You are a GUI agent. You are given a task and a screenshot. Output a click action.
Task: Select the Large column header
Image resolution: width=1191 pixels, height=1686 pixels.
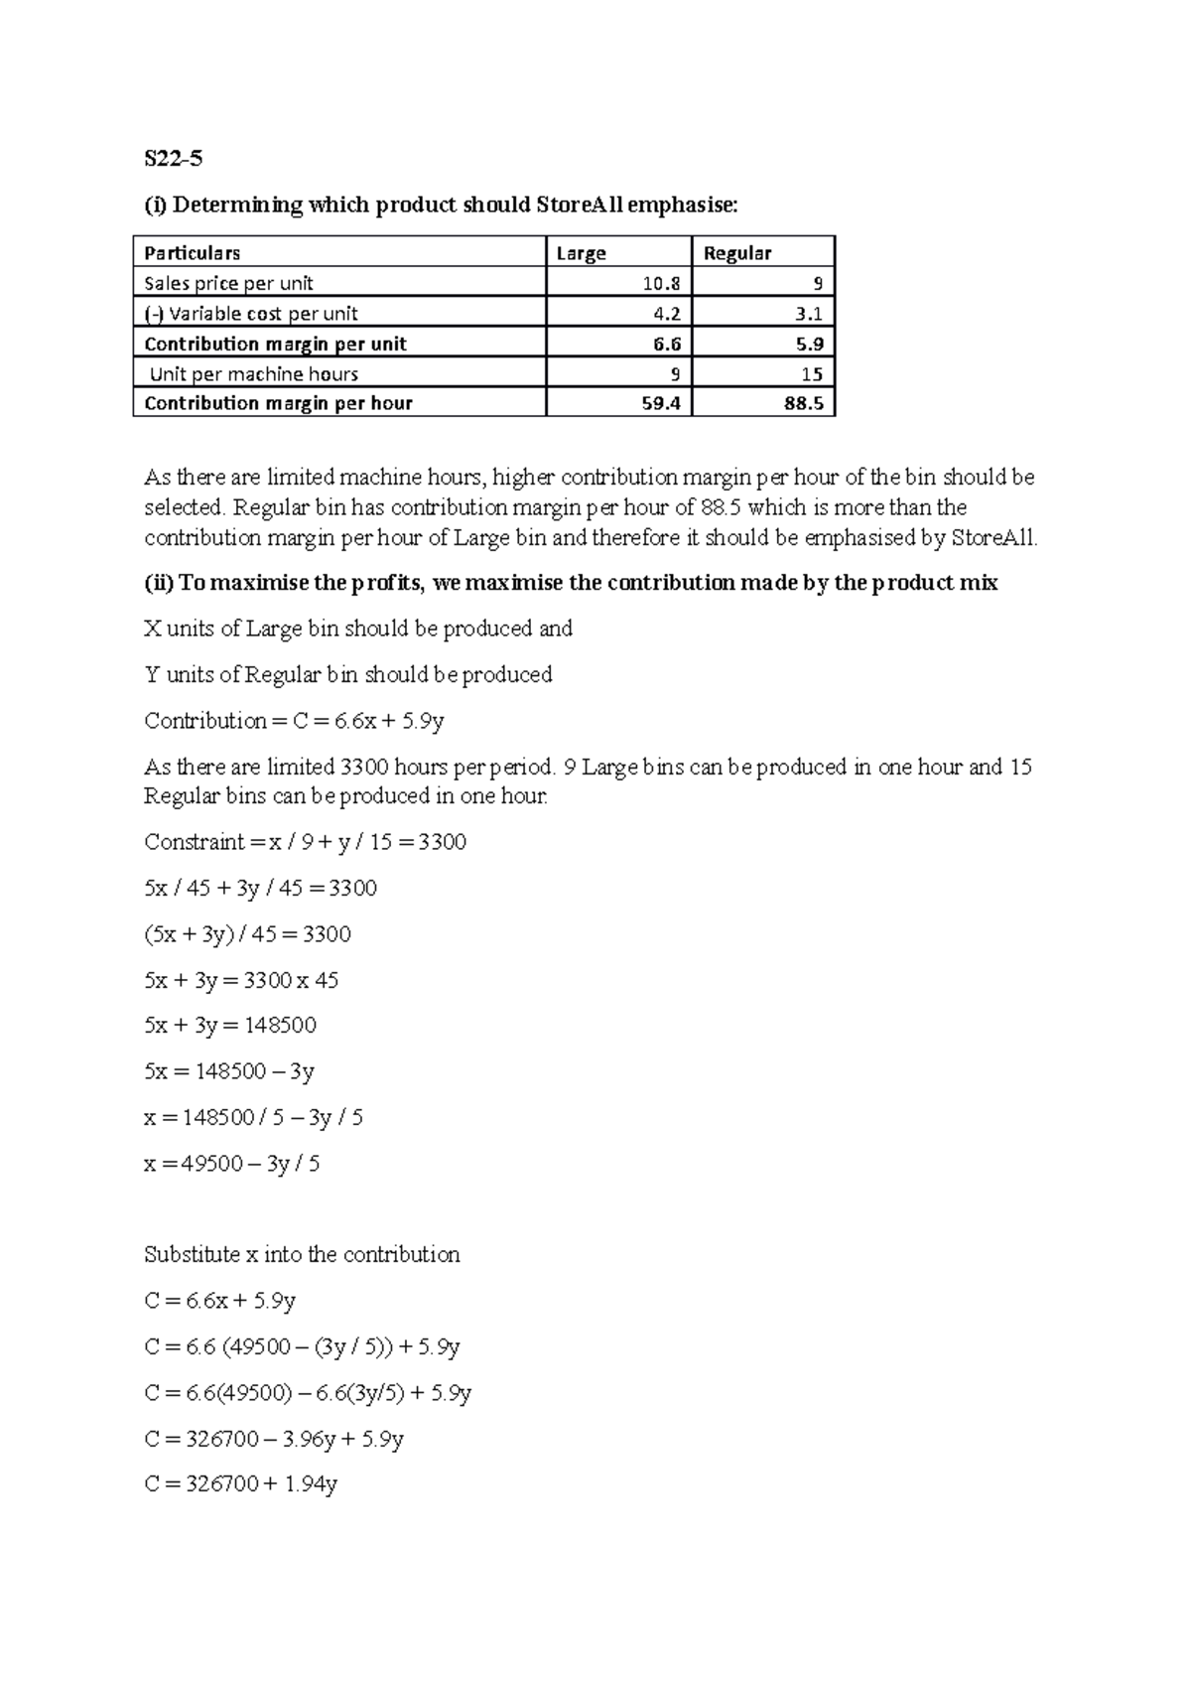pyautogui.click(x=582, y=253)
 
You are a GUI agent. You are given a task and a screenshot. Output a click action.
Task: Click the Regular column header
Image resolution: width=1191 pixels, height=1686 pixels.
pyautogui.click(x=736, y=253)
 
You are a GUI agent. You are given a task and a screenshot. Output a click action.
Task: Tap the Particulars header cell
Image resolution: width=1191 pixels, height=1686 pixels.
pyautogui.click(x=193, y=253)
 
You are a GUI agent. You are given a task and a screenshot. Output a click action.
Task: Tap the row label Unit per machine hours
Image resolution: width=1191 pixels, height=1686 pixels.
pyautogui.click(x=253, y=374)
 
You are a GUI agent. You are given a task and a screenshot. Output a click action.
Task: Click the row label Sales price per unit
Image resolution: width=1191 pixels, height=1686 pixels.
pyautogui.click(x=228, y=283)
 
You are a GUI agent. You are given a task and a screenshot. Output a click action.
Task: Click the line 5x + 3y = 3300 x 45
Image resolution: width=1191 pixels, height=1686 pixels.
pyautogui.click(x=241, y=980)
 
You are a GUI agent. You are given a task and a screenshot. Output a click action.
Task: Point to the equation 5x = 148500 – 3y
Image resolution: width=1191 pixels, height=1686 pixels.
pyautogui.click(x=228, y=1071)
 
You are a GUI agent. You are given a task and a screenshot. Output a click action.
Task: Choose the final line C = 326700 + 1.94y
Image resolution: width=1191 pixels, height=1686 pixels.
pyautogui.click(x=240, y=1484)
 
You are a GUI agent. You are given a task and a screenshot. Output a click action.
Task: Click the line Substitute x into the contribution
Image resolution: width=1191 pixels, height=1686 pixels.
pyautogui.click(x=302, y=1254)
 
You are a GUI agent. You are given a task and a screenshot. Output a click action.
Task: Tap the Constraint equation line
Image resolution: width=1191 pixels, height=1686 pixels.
pyautogui.click(x=305, y=842)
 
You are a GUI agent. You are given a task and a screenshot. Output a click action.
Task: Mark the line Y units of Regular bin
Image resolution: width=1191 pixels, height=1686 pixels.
pyautogui.click(x=347, y=674)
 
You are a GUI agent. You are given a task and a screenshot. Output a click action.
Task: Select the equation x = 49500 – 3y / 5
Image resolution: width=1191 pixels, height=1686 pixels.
pyautogui.click(x=231, y=1163)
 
